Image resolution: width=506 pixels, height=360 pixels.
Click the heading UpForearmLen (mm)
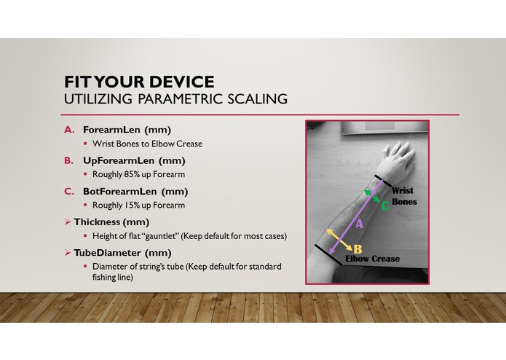134,160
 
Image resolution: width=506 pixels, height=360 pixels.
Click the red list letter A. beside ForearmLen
70,130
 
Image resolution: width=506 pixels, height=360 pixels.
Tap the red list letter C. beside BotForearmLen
70,192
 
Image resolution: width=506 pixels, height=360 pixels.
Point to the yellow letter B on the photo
357,249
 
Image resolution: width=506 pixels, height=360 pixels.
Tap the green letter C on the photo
385,206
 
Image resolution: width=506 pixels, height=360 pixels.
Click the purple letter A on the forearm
358,225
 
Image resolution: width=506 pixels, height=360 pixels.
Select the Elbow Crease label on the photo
372,259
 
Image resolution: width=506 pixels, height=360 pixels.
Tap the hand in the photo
393,155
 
